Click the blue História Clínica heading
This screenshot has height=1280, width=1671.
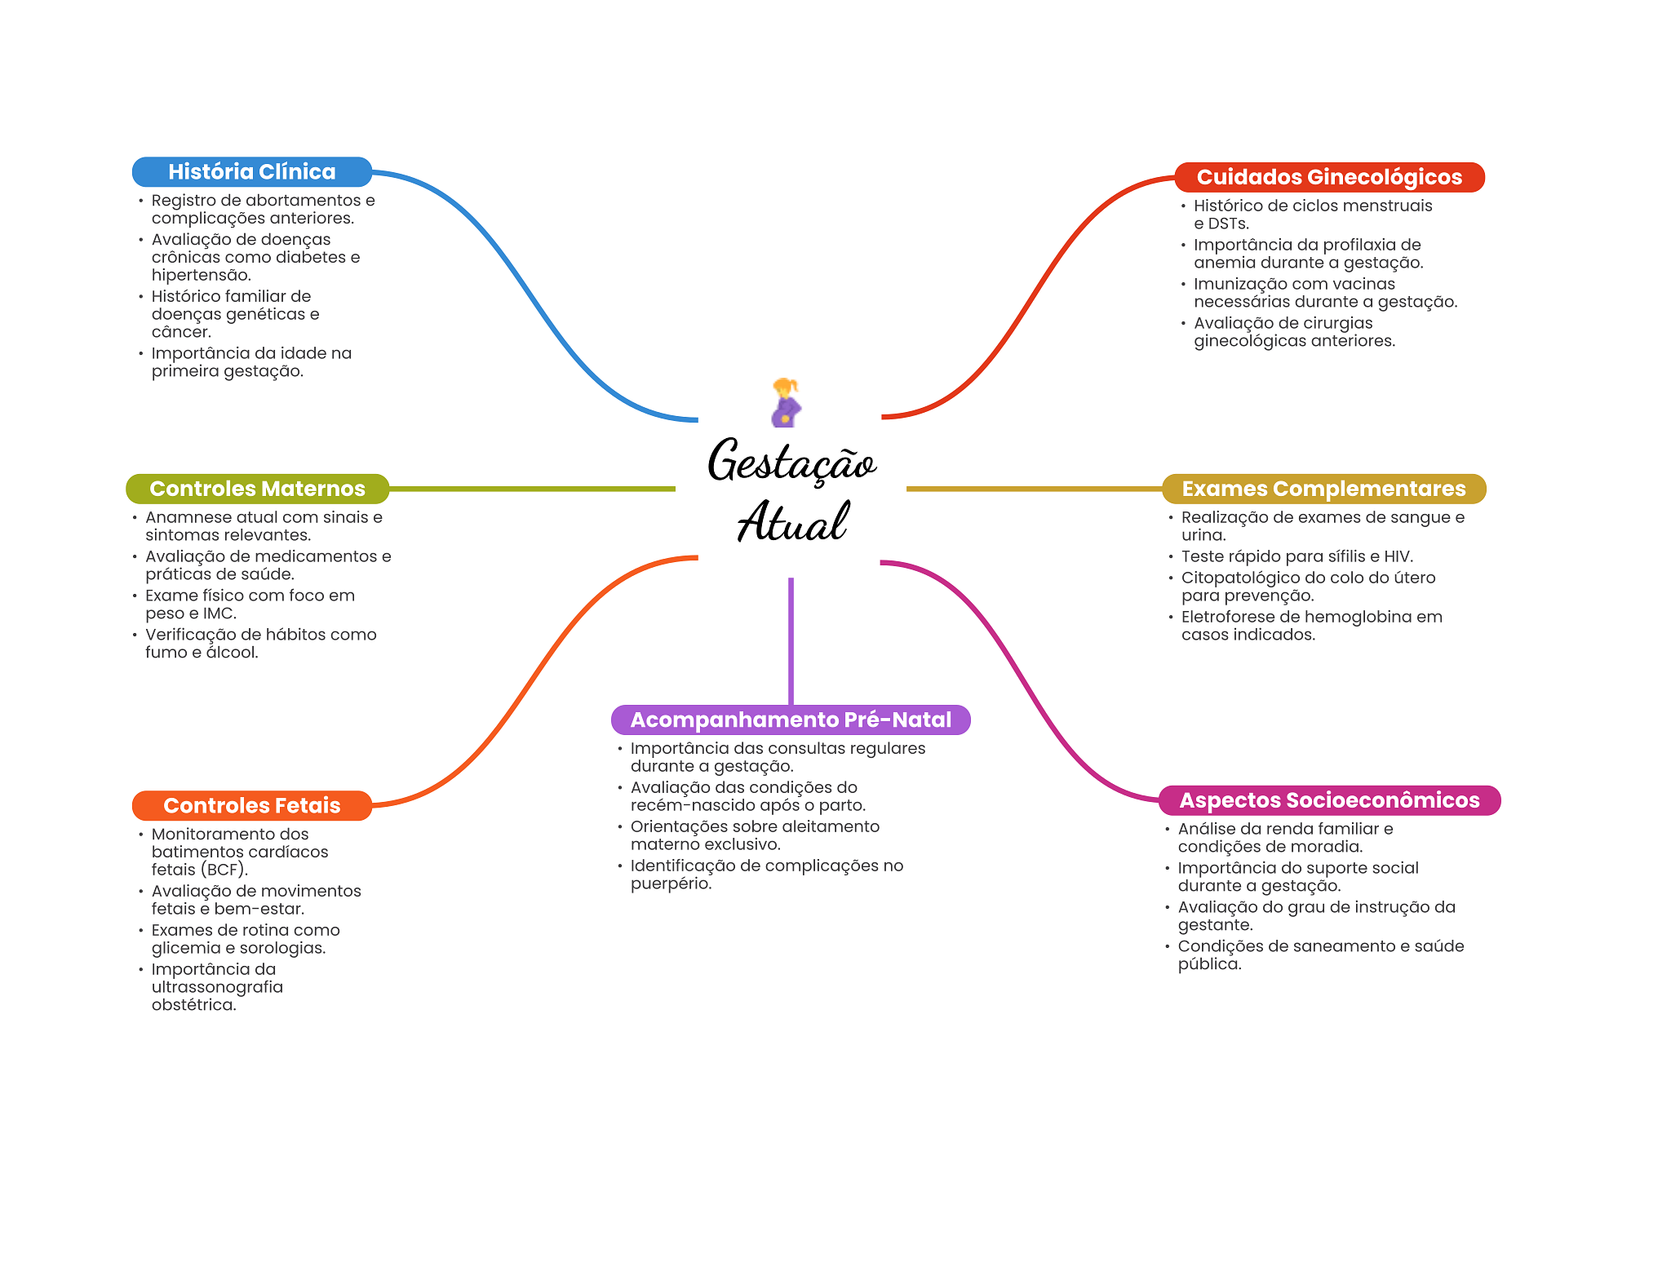coord(251,172)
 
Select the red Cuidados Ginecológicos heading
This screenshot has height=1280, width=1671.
coord(1329,177)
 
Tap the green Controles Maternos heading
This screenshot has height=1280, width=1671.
coord(257,489)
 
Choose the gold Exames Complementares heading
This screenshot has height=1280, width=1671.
coord(1323,489)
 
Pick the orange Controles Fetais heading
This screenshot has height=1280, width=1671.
coord(251,805)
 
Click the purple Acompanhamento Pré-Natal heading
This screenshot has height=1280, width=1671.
coord(791,720)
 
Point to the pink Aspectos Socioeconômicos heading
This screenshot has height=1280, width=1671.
coord(1329,800)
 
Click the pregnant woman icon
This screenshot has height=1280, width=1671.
coord(786,402)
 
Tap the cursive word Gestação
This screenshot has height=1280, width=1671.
coord(791,462)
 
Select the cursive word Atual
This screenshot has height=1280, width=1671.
coord(793,522)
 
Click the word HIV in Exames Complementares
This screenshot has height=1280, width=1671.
coord(1397,556)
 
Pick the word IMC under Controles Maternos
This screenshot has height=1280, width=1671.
coord(218,613)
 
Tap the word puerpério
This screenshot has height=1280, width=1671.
coord(671,884)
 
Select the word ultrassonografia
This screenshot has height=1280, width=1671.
coord(217,987)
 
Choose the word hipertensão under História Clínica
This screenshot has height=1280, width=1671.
coord(201,275)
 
